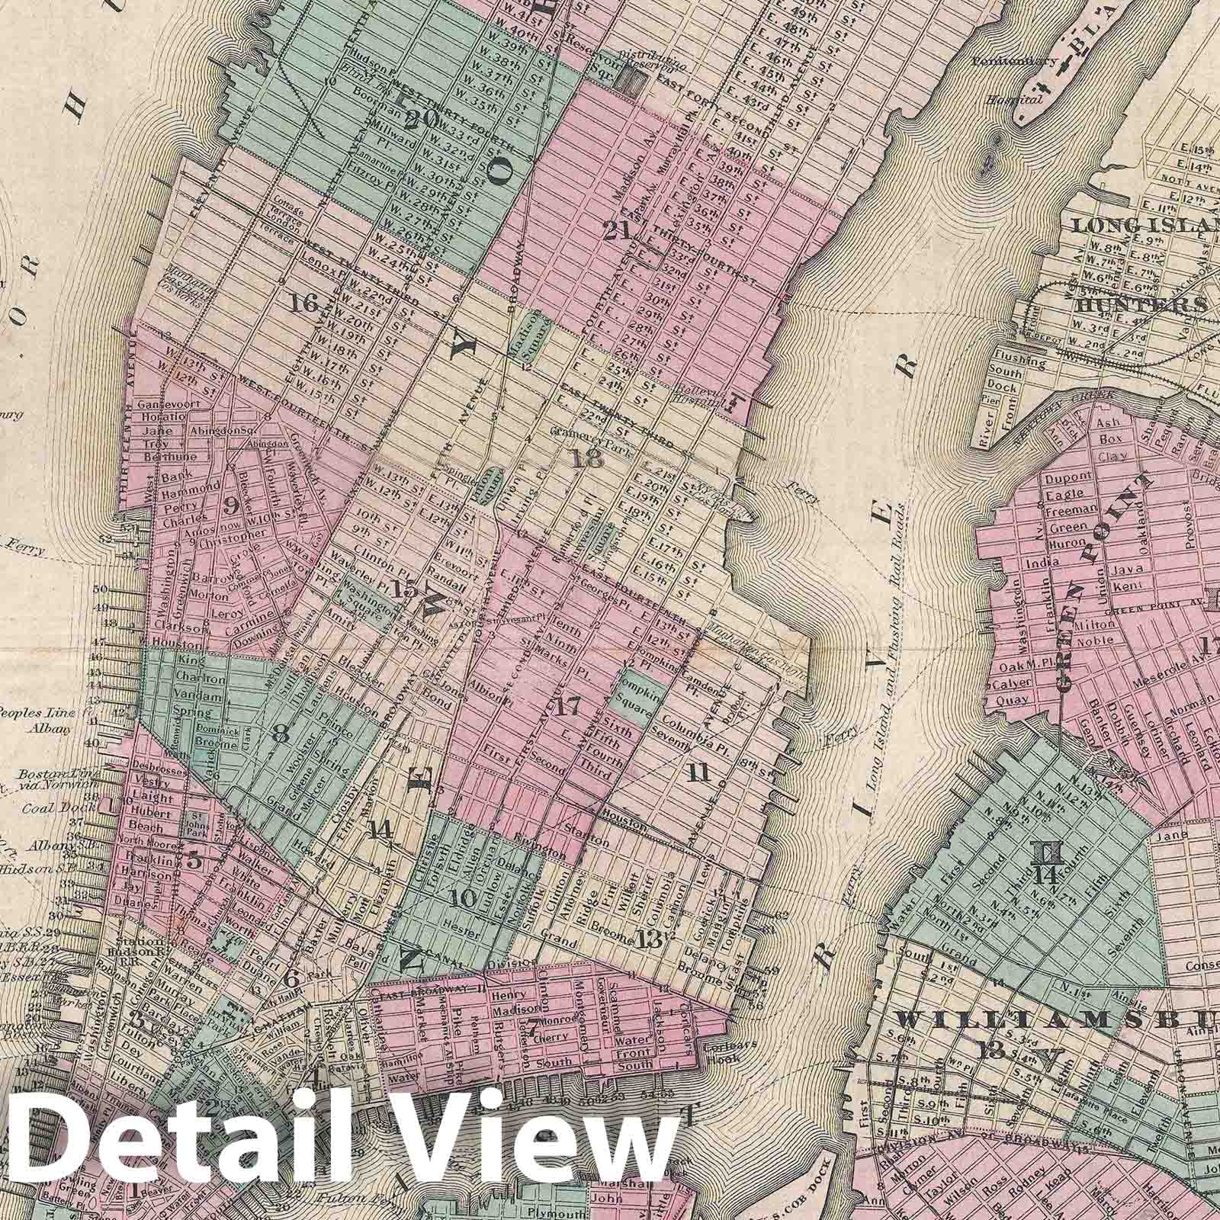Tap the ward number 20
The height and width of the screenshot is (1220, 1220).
(421, 120)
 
